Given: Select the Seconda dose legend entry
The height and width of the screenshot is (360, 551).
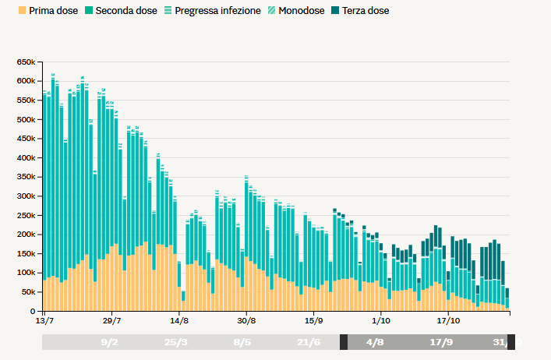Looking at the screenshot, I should pyautogui.click(x=122, y=11).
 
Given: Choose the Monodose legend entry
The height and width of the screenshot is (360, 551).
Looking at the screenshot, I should pyautogui.click(x=299, y=11).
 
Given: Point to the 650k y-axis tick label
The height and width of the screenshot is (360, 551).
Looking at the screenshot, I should pyautogui.click(x=26, y=62).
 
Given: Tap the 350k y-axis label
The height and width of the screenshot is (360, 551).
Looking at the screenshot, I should pyautogui.click(x=26, y=178).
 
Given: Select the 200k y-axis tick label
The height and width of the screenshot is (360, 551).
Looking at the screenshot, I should pyautogui.click(x=26, y=235).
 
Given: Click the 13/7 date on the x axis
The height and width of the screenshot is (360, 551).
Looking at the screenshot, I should pyautogui.click(x=45, y=320).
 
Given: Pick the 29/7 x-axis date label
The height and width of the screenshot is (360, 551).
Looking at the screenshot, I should pyautogui.click(x=112, y=320).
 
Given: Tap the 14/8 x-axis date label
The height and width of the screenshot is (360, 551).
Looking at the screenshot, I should pyautogui.click(x=179, y=320).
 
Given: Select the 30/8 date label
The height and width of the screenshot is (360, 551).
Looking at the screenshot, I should pyautogui.click(x=247, y=320).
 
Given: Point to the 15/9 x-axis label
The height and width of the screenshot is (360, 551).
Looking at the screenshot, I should pyautogui.click(x=314, y=320).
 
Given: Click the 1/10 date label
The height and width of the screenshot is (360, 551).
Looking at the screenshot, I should pyautogui.click(x=381, y=320).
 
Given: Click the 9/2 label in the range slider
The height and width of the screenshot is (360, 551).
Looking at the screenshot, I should pyautogui.click(x=109, y=342).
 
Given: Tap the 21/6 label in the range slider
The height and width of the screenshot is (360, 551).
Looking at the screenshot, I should pyautogui.click(x=309, y=342).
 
